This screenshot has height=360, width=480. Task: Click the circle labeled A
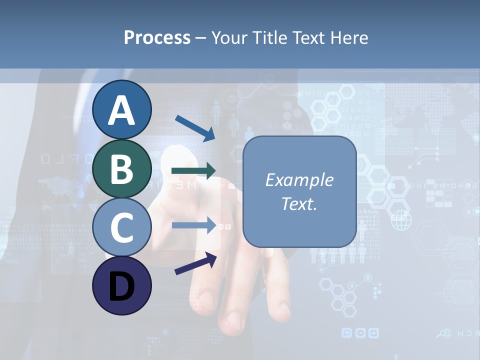tap(121, 110)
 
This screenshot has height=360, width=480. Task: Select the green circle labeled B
tap(121, 168)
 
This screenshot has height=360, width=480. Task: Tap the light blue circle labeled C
tap(121, 227)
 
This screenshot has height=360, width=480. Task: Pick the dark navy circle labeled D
tap(121, 285)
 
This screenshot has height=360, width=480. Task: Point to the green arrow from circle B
tap(193, 171)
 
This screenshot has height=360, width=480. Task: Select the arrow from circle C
tap(194, 225)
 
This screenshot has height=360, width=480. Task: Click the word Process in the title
tap(157, 37)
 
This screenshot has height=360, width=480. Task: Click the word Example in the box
tap(299, 180)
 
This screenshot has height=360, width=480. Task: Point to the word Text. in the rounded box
tap(299, 203)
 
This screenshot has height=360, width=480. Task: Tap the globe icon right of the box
tap(400, 220)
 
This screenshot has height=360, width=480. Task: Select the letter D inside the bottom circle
tap(121, 286)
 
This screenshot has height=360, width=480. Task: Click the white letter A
tap(121, 111)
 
